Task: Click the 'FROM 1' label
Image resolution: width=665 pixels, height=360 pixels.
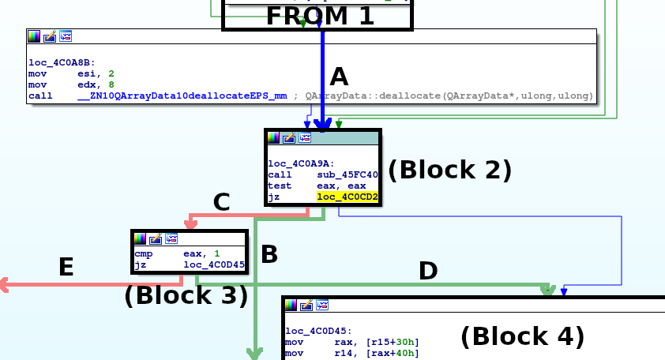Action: point(319,16)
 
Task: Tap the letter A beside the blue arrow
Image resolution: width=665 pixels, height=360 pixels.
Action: point(338,77)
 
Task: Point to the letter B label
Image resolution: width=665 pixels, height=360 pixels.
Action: point(269,254)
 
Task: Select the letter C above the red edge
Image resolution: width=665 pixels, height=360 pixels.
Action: point(221,203)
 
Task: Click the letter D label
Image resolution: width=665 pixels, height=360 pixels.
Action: point(427,271)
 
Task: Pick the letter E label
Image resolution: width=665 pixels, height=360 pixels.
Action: point(66,268)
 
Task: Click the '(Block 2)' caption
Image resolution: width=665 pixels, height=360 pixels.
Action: point(449,170)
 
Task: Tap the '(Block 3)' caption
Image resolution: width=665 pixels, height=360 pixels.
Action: point(186,295)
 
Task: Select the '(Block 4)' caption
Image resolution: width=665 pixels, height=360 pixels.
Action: point(522,336)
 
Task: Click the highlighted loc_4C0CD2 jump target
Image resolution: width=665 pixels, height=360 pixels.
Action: point(348,197)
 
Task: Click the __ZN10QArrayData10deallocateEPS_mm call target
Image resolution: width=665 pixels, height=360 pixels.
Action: point(182,96)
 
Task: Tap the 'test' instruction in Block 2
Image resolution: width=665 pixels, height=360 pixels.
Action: point(280,186)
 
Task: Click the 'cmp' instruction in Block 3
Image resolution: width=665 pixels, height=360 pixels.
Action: point(143,254)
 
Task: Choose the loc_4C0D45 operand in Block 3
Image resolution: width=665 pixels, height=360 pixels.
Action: point(214,265)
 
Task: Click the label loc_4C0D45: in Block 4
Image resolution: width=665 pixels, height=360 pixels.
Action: point(315,331)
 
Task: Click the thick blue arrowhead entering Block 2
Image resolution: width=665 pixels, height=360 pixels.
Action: point(322,125)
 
